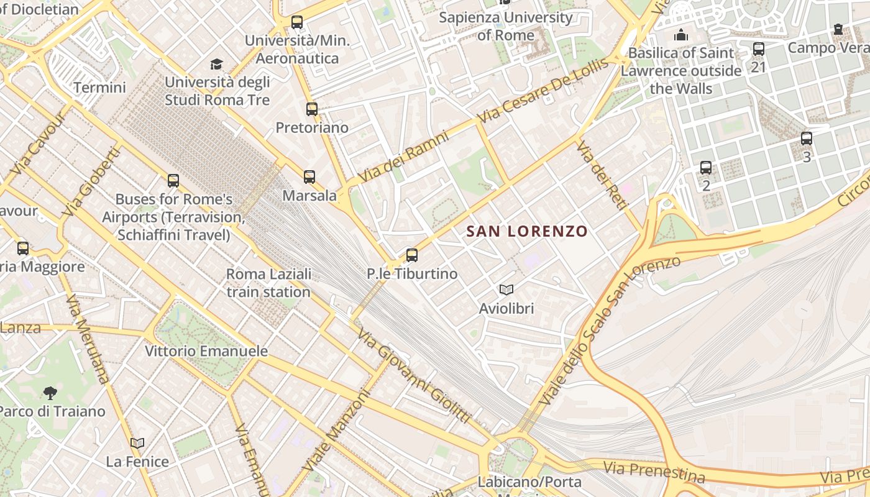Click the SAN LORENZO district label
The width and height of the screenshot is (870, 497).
527,232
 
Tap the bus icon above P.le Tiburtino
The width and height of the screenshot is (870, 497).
411,255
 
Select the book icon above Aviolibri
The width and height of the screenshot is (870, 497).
506,290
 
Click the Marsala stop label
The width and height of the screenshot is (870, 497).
309,196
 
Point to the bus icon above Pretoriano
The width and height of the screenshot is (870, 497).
312,109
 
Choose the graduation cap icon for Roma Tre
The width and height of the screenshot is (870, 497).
216,64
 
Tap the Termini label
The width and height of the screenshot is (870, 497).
99,88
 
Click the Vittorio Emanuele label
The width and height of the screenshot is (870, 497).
206,351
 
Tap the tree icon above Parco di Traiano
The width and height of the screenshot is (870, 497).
50,393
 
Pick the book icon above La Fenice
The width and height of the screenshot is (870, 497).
137,443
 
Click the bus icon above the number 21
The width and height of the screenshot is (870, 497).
758,49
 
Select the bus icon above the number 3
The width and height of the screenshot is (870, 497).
807,139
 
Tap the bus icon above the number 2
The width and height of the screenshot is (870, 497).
706,168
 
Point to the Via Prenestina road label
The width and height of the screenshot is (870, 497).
654,473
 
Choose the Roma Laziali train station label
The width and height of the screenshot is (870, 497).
268,283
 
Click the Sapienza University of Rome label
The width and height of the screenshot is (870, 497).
506,26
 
